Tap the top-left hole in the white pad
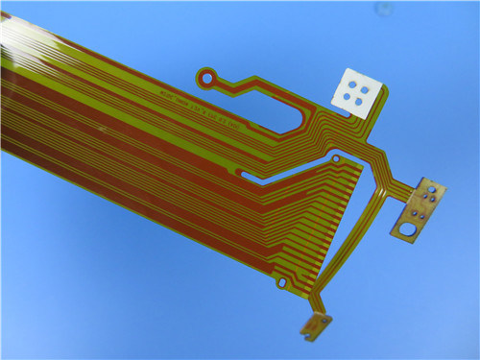click(352, 84)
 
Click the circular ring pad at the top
click(206, 75)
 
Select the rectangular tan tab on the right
click(419, 209)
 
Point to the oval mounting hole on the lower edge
click(280, 283)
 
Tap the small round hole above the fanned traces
click(336, 156)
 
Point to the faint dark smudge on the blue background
click(384, 10)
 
